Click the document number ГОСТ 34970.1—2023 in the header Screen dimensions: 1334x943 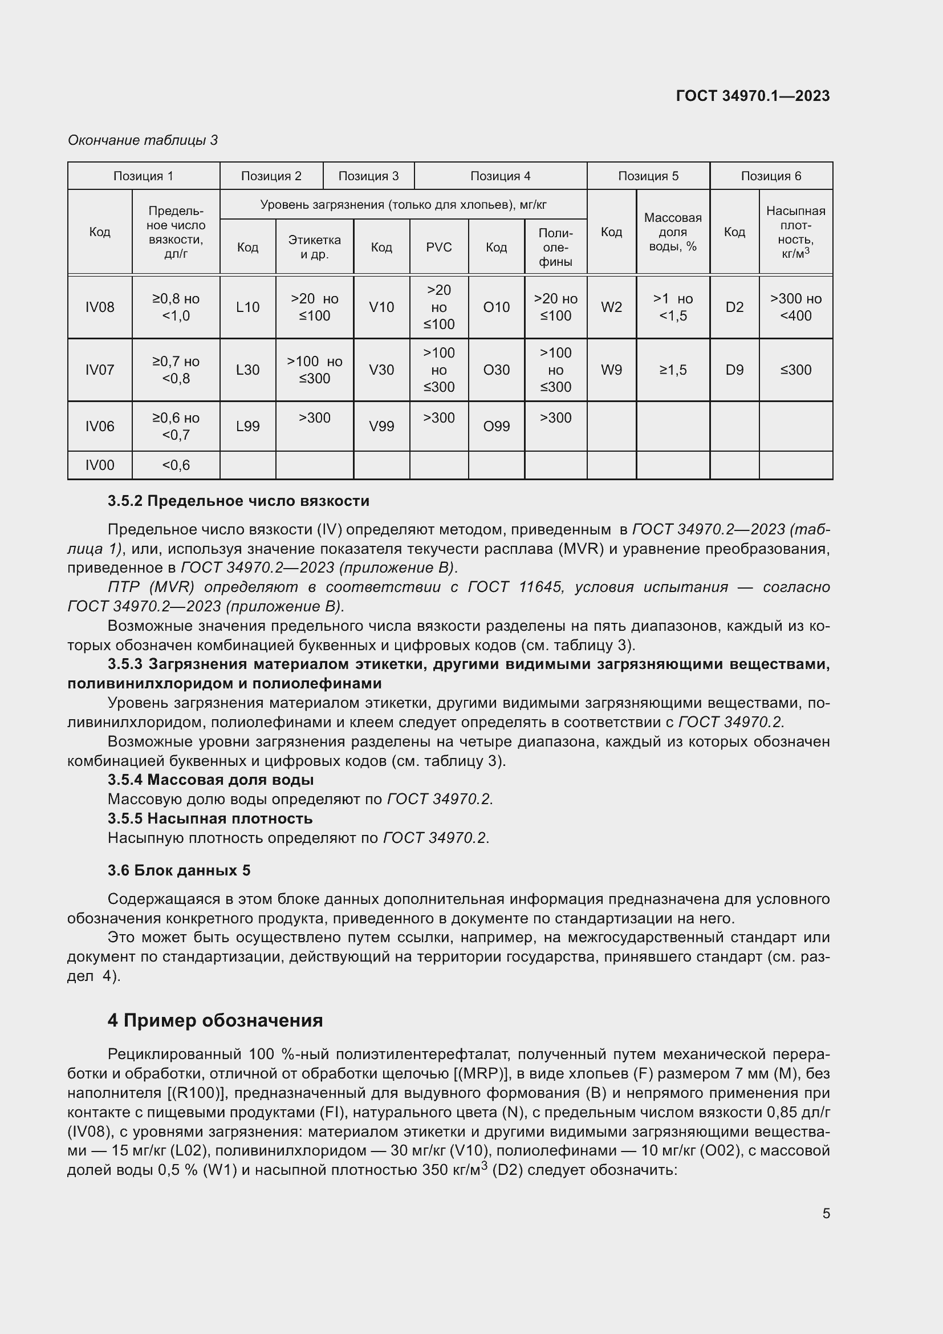click(x=753, y=96)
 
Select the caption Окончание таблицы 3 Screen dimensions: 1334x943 click(x=143, y=140)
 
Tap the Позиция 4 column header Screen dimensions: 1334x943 click(x=500, y=176)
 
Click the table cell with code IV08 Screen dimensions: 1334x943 click(x=100, y=307)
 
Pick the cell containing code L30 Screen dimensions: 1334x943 click(x=248, y=370)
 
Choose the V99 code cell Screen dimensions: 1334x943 click(x=381, y=427)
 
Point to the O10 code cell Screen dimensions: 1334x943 click(x=497, y=307)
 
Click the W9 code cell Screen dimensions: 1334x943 click(x=611, y=370)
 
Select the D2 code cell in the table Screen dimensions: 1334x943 click(x=734, y=307)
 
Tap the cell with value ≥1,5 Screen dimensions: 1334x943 click(x=673, y=370)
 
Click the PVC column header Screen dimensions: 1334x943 click(x=439, y=248)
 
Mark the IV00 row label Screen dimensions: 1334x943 click(x=100, y=465)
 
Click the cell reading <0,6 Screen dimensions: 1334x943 click(x=176, y=465)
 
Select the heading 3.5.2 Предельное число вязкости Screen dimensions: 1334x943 click(x=238, y=501)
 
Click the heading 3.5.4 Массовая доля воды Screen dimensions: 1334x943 click(x=210, y=780)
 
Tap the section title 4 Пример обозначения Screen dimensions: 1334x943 click(x=215, y=1021)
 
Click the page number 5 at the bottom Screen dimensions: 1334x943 click(x=826, y=1214)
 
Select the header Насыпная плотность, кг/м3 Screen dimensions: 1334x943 click(x=795, y=232)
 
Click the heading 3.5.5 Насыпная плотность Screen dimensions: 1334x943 click(x=210, y=818)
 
